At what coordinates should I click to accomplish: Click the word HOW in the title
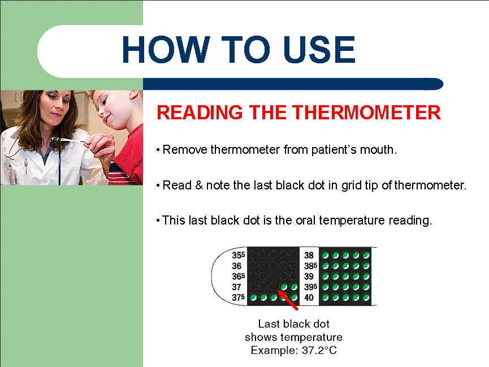166,49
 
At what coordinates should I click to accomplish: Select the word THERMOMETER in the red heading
366,113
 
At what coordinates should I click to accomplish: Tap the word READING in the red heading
200,113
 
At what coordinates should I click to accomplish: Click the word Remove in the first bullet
185,150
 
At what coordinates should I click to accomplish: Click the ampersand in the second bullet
199,185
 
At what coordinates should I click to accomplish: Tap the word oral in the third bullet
306,221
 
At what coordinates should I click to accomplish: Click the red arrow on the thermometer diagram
288,300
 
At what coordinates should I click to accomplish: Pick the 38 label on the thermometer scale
309,255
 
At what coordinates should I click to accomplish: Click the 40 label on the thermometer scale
309,297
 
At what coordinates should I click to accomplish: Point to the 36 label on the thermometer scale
236,266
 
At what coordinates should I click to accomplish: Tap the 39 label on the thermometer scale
309,277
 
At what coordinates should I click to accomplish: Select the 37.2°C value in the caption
319,350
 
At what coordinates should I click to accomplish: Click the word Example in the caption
274,351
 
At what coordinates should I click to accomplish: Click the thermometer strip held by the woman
68,140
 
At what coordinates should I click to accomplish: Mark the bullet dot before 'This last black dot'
158,221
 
